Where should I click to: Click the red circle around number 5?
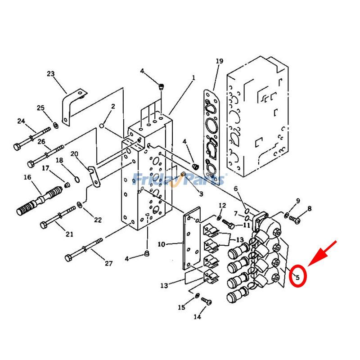[x=297, y=276]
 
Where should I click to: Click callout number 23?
[x=50, y=74]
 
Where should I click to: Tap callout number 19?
[x=219, y=61]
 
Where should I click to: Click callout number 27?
[x=108, y=263]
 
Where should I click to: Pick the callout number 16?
[x=27, y=177]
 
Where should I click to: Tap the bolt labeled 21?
[x=58, y=216]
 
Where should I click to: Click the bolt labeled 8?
[x=294, y=219]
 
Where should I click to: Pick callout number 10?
[x=162, y=244]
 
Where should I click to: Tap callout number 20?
[x=74, y=154]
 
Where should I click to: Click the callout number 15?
[x=181, y=307]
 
